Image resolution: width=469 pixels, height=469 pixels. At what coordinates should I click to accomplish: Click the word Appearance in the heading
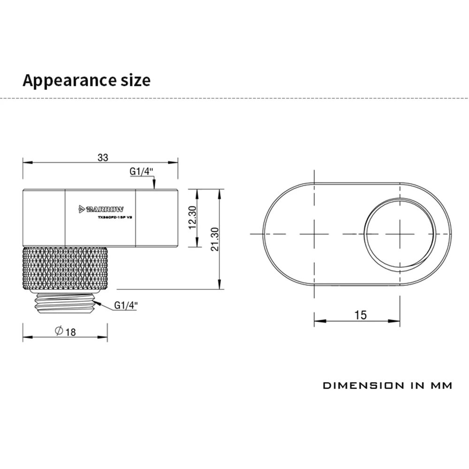(x=65, y=80)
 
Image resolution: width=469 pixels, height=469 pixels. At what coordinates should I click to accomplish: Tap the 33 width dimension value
(x=103, y=158)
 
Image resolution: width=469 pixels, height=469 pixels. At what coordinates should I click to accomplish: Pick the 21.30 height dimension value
(x=215, y=240)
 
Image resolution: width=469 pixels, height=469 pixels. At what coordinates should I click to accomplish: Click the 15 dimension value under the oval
(x=361, y=315)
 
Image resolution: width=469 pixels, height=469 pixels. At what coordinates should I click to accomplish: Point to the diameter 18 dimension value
(x=71, y=332)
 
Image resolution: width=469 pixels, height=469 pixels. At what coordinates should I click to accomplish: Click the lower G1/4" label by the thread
(x=126, y=305)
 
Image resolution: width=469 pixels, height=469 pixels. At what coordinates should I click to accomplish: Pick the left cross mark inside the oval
(x=313, y=234)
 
